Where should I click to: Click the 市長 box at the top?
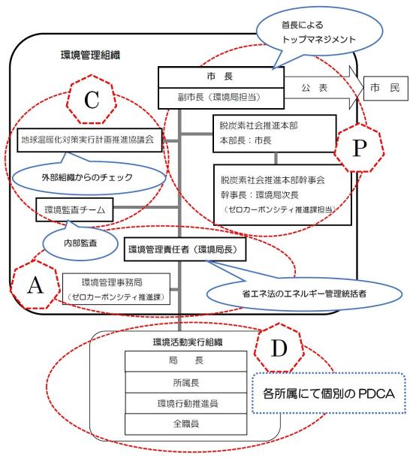tap(221, 77)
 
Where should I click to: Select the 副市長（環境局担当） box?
tap(221, 98)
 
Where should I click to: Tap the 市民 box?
tap(386, 88)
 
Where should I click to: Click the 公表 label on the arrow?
tap(314, 88)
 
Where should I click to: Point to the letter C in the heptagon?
tap(92, 100)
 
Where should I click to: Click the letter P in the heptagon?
tap(359, 148)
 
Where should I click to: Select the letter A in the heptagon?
tap(35, 285)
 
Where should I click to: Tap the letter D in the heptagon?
tap(279, 348)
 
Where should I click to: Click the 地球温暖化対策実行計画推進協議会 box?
tap(89, 140)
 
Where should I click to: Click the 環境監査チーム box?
tap(74, 209)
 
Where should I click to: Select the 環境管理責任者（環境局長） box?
tap(185, 249)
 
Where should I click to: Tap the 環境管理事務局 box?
tap(116, 289)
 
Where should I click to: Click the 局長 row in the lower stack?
tap(185, 361)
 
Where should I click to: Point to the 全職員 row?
tap(185, 424)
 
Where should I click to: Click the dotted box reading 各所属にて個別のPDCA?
tap(329, 393)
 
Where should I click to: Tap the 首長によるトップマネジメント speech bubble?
tap(320, 32)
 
